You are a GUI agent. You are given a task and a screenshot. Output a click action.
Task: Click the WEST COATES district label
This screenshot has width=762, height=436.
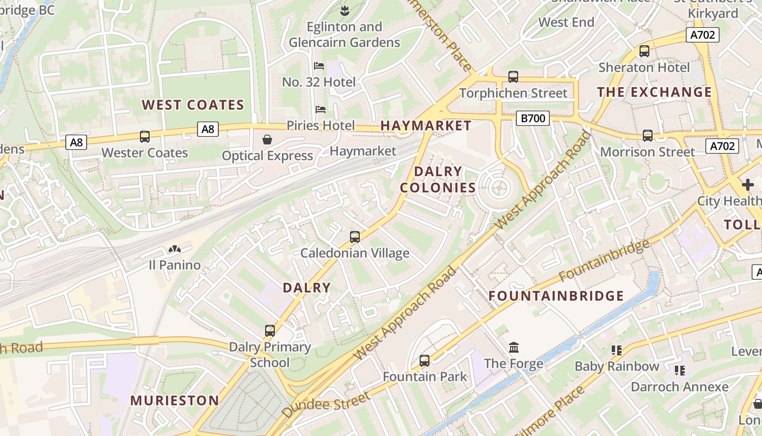193,105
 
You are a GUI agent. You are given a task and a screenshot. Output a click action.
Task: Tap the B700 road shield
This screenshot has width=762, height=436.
532,118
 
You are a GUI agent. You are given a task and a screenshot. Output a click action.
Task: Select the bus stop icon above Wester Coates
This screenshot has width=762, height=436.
145,137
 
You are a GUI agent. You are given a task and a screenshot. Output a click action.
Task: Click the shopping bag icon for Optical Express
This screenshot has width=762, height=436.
267,140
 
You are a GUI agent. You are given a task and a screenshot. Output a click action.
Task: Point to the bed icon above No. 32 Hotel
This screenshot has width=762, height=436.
319,66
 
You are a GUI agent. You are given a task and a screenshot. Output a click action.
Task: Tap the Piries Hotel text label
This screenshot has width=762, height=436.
321,125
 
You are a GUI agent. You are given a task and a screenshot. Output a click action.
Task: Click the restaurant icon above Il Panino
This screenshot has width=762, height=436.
175,250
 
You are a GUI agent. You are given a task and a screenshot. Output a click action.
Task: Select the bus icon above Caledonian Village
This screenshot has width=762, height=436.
355,237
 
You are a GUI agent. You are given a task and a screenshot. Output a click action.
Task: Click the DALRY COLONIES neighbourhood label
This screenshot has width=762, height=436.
438,179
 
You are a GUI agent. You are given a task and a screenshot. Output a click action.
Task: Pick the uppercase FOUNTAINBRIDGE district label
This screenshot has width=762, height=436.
556,296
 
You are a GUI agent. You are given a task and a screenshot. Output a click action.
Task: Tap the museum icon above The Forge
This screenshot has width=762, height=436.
513,347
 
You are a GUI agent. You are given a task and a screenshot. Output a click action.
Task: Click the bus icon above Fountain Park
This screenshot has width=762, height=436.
425,361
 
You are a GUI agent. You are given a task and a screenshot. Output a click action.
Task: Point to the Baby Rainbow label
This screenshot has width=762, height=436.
617,366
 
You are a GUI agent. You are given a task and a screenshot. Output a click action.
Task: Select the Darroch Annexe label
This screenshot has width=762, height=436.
679,387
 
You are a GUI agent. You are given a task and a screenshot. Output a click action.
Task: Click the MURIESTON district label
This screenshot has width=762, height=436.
174,401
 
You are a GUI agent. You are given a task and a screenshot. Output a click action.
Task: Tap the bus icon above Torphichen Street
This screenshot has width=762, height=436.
513,77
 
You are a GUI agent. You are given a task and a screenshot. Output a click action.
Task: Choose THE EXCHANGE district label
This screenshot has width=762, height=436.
654,92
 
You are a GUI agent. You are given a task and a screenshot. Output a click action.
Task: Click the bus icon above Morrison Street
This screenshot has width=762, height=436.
647,136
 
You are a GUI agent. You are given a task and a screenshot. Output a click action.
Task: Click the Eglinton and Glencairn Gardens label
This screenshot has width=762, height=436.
344,34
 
